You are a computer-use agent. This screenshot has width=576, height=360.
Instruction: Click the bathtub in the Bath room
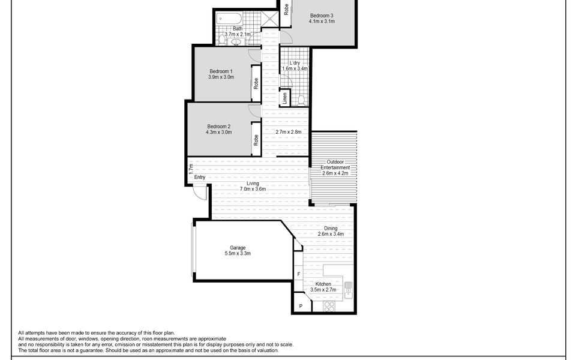[229, 18]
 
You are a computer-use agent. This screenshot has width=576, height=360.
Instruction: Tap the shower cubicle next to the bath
[270, 18]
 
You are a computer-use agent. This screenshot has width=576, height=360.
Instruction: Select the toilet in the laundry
[302, 100]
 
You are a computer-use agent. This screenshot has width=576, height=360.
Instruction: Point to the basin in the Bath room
[236, 42]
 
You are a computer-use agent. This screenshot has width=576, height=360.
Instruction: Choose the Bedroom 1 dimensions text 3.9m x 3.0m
[221, 77]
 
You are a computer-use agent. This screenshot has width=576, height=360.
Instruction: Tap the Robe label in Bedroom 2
[256, 139]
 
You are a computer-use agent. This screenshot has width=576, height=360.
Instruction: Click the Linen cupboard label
[284, 98]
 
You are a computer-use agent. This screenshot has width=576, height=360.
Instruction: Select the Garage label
[238, 247]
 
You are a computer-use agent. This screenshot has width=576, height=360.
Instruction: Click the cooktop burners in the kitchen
[329, 306]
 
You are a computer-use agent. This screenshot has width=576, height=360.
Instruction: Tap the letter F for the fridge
[298, 275]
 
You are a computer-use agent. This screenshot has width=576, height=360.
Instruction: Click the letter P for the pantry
[301, 307]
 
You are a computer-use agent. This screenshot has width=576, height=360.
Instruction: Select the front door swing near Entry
[200, 193]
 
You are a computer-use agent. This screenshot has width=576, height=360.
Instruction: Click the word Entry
[200, 177]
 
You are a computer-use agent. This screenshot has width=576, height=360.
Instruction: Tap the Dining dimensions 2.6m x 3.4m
[331, 234]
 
